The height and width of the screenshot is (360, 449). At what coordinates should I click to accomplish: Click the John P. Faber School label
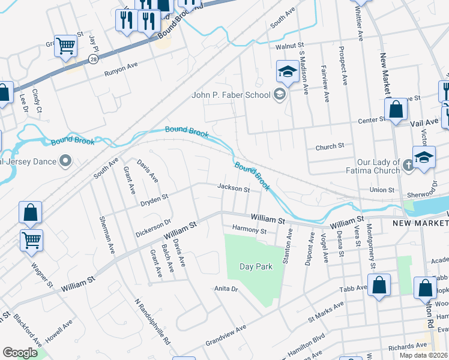pos(230,94)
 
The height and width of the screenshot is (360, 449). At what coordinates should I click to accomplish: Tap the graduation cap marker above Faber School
pos(288,72)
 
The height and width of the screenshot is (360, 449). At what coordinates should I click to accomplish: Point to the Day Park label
pos(256,266)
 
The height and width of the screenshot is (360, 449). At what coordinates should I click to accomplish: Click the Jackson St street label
pos(234,189)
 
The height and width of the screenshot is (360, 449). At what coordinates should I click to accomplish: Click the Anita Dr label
pos(227,289)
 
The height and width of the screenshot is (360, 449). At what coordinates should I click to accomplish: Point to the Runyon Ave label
pos(121,73)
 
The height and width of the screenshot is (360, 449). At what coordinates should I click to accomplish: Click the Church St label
pos(330,146)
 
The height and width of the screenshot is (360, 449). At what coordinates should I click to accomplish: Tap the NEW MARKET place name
pos(420,223)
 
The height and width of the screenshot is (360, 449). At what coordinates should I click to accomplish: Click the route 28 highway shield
pos(93,58)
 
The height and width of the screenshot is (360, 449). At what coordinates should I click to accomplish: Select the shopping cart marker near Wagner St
pos(32,241)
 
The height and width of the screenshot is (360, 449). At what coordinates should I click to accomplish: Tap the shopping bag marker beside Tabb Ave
pos(379,286)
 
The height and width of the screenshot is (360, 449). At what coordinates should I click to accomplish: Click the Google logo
pos(20,353)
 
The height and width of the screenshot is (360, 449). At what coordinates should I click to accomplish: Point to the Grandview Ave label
pos(226,329)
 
